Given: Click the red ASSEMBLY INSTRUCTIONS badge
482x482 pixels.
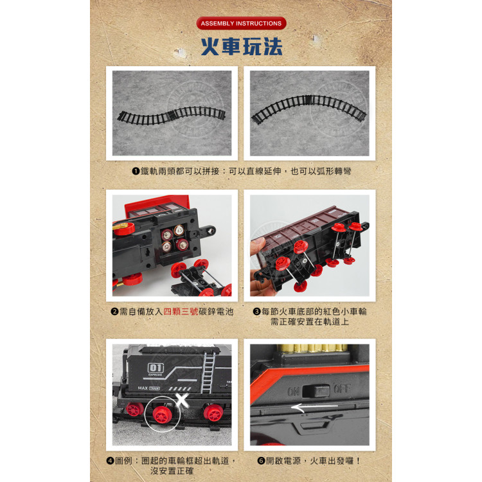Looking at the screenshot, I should pos(241,24).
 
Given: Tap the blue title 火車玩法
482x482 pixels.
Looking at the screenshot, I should pos(241,47).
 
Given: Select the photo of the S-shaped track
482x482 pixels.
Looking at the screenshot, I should pos(172,114).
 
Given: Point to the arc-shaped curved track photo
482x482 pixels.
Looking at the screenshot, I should pos(309,114).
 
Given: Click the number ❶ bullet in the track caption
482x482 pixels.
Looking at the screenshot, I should pos(136,172).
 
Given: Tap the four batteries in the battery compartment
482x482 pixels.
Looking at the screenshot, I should pos(174,238).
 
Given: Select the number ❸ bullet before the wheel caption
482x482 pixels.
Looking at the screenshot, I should pos(256,312).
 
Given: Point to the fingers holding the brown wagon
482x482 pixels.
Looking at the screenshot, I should pos(258,247).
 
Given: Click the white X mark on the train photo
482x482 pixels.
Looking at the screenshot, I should pos(182,398).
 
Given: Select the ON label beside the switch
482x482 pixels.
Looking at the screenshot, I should pos(294,390).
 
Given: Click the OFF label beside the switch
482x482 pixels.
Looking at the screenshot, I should pos(341,389).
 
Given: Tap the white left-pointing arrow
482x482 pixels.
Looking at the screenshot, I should pos(314,406).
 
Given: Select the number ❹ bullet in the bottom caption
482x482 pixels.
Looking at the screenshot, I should pos(111,461).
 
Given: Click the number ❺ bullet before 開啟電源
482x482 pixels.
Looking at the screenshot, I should pos(261,461).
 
